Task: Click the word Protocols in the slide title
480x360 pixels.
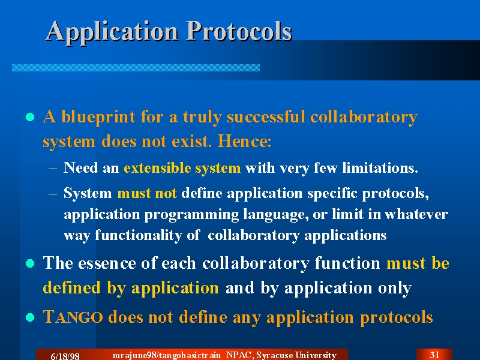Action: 239,31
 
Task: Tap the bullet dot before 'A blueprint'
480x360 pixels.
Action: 30,117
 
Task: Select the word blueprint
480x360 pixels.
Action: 98,118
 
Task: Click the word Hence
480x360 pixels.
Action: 244,141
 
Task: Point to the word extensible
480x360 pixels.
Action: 157,168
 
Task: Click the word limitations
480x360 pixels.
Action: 380,168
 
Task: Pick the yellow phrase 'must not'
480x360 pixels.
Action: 147,193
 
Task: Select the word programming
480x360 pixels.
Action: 191,215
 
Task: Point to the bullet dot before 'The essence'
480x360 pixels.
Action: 30,263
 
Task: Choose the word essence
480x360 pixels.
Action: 107,263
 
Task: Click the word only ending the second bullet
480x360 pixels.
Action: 395,289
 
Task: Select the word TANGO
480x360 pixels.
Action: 73,317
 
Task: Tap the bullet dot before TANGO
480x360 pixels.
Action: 30,317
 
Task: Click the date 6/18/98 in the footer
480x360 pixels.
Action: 65,356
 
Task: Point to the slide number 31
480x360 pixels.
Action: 434,355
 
